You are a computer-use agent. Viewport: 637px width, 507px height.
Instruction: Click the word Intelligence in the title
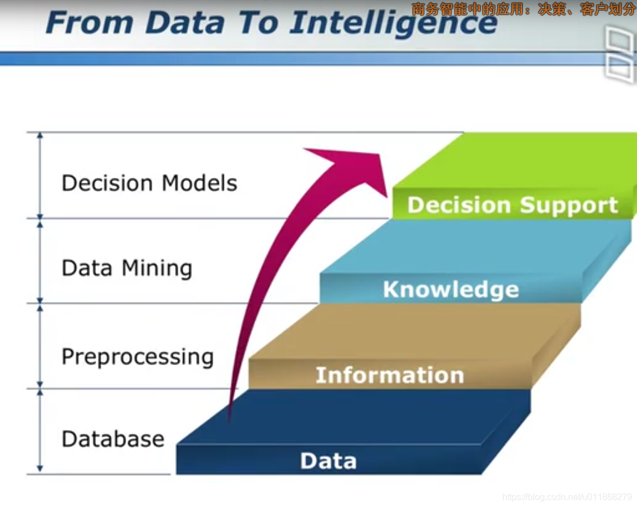coord(393,23)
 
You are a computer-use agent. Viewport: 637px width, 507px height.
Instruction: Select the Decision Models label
coord(149,183)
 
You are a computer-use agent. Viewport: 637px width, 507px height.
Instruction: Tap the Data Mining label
coord(127,268)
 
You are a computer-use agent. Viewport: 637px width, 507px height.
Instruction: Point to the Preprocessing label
coord(137,357)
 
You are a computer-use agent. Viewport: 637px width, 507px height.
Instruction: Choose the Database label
coord(113,440)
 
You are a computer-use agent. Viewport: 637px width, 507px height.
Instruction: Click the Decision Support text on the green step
coord(512,205)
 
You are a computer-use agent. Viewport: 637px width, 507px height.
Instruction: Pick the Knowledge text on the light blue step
coord(451,289)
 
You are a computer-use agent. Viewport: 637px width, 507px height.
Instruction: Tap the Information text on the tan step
coord(390,376)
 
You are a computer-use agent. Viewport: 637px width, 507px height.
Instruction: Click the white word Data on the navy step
coord(328,461)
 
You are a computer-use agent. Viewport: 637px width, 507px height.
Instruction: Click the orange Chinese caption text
coord(523,9)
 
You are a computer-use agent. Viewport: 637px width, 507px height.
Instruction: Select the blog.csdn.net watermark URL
coord(567,498)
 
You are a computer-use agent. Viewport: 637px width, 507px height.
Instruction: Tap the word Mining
coord(157,269)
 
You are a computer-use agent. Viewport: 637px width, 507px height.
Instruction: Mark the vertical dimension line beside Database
coord(40,431)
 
